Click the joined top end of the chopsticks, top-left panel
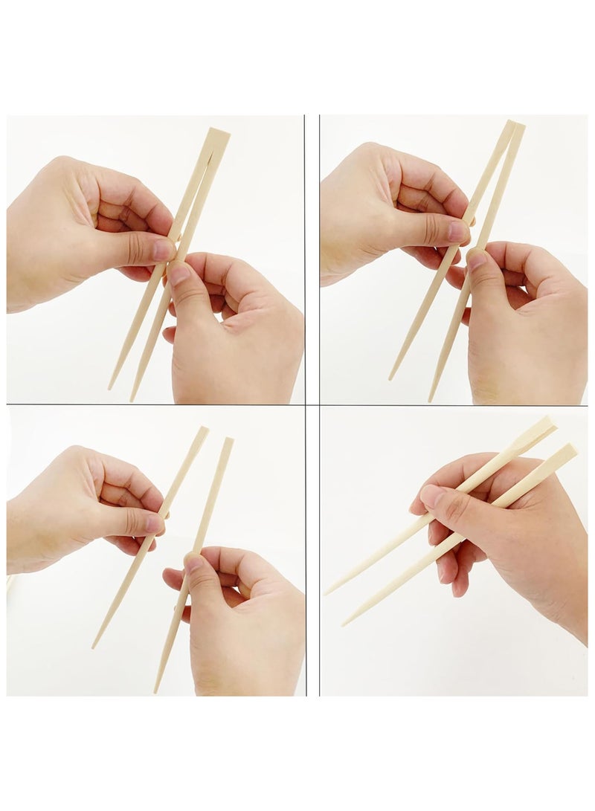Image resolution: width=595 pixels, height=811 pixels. coord(217,134)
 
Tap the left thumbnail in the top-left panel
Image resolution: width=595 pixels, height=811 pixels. coord(163,250)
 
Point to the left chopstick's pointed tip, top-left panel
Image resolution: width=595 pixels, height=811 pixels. coord(110,387)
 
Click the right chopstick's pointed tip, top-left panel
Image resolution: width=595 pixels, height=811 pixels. coord(132,399)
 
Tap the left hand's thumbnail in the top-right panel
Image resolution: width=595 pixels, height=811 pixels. coord(457,232)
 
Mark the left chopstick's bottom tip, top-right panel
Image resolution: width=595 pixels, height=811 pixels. coord(390,378)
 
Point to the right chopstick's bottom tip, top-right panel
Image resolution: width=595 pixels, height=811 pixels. coord(430,400)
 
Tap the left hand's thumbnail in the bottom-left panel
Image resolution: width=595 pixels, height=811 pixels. coord(155,523)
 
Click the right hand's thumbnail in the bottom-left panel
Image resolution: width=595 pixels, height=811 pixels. coord(194,563)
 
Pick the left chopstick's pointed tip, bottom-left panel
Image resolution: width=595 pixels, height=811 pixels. coord(94,646)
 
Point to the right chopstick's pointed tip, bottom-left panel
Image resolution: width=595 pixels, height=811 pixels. coord(155,691)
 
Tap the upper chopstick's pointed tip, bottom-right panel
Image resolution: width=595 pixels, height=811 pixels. coord(326,593)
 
